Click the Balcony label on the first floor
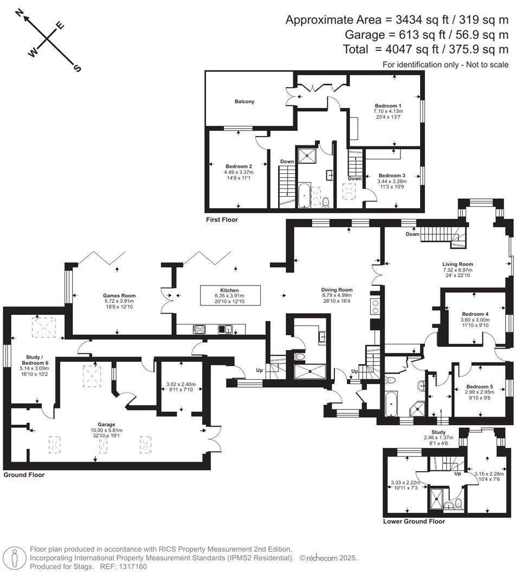coord(244,101)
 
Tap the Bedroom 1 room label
coord(388,106)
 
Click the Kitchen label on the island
coord(230,290)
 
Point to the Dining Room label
coord(337,290)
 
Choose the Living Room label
coord(457,264)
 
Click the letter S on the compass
coord(77,68)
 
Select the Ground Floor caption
coord(24,475)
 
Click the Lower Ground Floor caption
coord(414,522)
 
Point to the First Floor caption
coord(222,220)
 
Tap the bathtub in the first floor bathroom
coord(305,196)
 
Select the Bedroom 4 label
coord(475,314)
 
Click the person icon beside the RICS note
coord(15,557)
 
